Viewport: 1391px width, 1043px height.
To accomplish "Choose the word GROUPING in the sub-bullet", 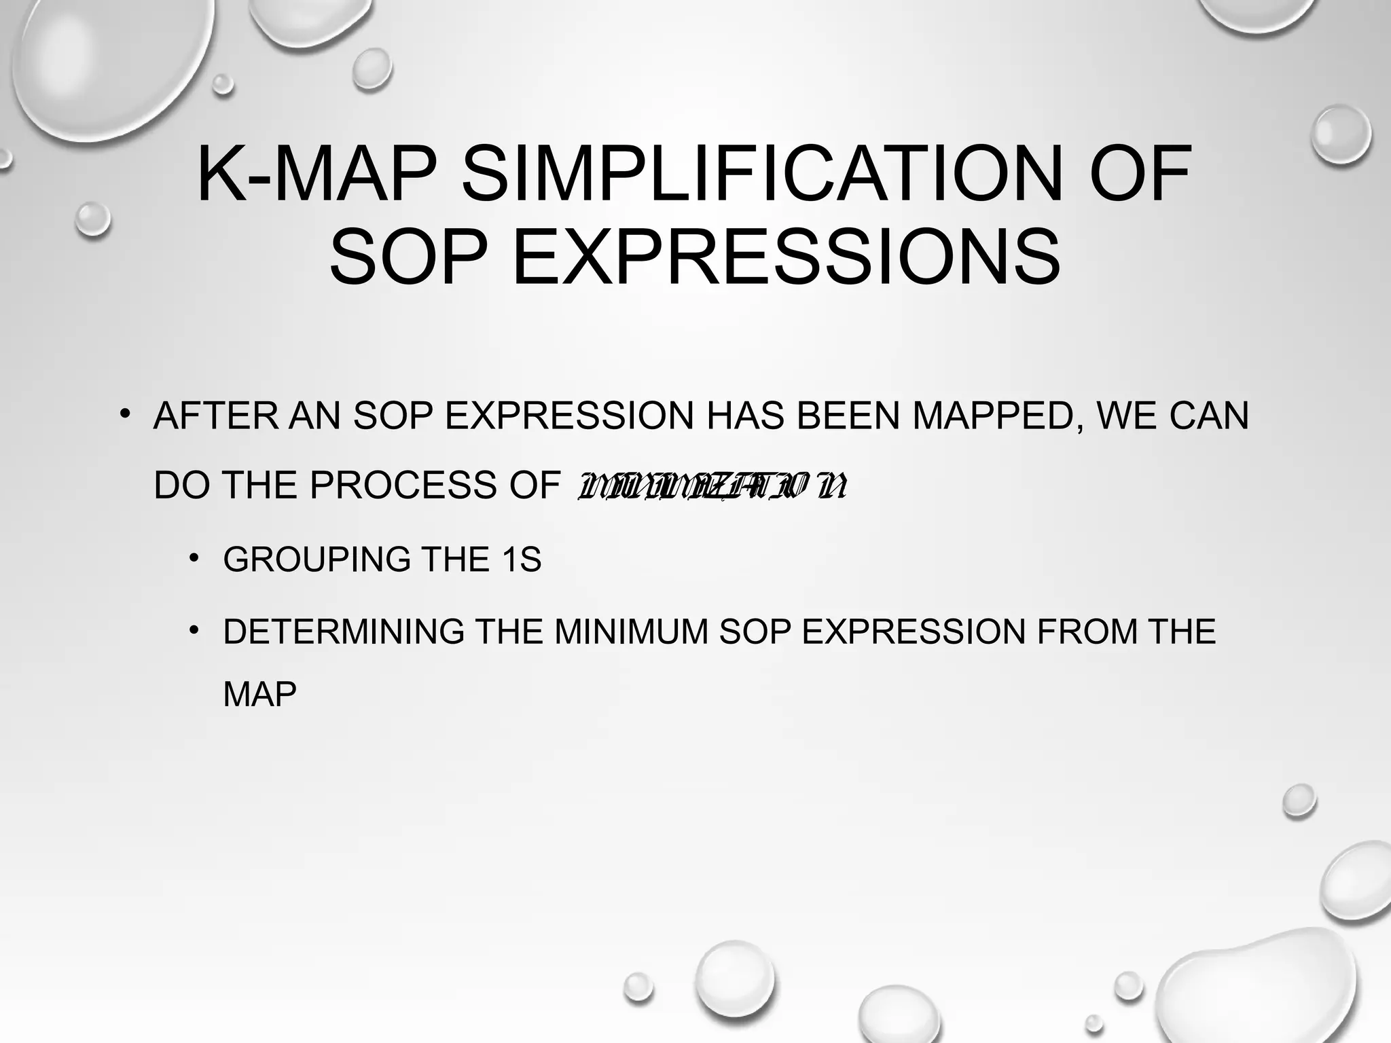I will (317, 560).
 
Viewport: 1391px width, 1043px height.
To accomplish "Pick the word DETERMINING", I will (344, 632).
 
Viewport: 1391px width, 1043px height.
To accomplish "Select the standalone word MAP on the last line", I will (259, 695).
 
